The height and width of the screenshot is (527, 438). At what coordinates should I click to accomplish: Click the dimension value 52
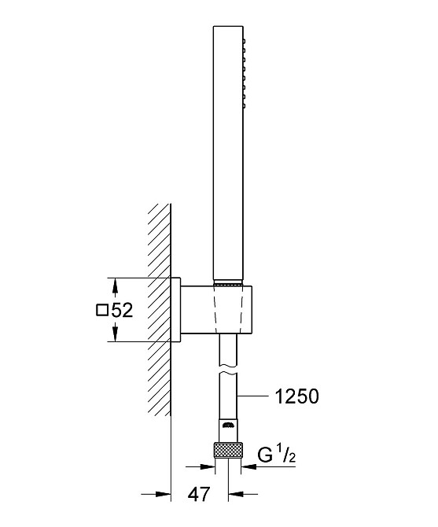[x=122, y=310]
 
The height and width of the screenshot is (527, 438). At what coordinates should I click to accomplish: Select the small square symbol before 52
[x=101, y=310]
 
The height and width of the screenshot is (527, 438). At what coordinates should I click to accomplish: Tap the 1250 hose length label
[x=297, y=396]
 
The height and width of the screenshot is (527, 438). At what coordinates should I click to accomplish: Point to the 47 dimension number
[x=199, y=494]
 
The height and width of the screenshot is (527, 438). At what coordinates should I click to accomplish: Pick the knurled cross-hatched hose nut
[x=228, y=451]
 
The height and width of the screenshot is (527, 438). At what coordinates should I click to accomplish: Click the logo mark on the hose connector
[x=228, y=425]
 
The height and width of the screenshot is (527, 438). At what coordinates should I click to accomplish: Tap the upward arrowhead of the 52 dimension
[x=115, y=285]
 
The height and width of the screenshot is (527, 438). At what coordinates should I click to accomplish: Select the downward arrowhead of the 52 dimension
[x=115, y=335]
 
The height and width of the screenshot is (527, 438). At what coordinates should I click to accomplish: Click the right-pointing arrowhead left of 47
[x=164, y=494]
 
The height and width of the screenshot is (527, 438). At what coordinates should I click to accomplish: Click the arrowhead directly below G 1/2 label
[x=248, y=466]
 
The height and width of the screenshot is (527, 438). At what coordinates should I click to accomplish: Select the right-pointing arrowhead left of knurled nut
[x=208, y=466]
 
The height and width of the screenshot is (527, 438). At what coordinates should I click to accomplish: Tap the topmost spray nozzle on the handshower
[x=245, y=42]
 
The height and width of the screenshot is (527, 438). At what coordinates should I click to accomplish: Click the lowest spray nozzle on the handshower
[x=245, y=106]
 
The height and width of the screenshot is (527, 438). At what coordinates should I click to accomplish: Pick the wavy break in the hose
[x=228, y=369]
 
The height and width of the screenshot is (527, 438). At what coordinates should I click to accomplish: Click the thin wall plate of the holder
[x=176, y=310]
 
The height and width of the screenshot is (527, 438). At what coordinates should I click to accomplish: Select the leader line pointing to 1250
[x=253, y=396]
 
